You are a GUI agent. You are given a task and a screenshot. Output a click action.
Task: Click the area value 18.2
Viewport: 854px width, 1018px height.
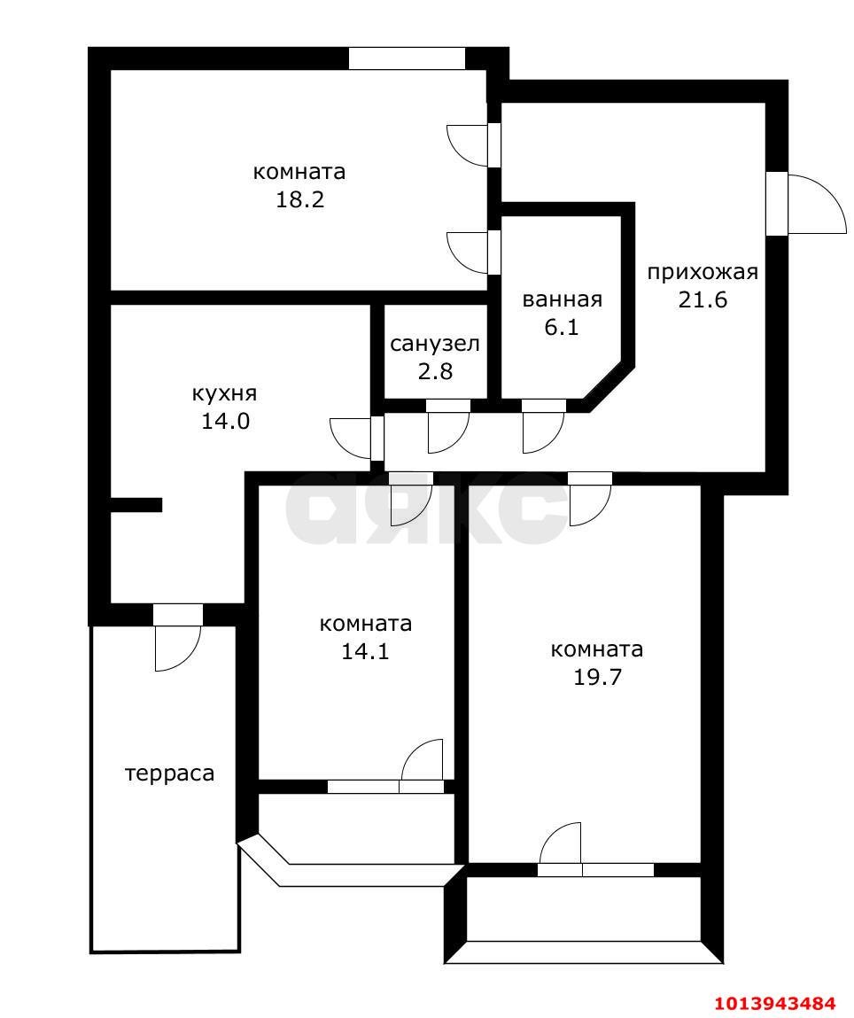299,199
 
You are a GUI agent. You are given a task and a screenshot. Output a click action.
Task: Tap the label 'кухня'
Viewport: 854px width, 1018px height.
225,393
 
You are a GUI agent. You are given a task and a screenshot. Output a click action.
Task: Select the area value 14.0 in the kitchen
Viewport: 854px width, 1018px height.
225,421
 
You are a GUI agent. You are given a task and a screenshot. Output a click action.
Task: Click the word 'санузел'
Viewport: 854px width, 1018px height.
435,344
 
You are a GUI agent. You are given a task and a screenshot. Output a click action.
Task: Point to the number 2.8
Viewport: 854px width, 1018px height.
435,371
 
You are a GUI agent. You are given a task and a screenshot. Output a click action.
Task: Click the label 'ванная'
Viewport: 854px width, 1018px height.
562,299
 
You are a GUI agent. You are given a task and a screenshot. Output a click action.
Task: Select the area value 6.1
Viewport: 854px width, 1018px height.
562,328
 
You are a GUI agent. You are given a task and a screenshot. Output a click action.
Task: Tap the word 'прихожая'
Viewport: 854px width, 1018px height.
703,272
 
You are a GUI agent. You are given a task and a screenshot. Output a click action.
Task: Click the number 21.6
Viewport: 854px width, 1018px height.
703,299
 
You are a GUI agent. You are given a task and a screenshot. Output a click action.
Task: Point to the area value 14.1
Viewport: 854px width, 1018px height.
365,652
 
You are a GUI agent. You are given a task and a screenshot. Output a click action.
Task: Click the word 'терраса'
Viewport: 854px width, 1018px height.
169,773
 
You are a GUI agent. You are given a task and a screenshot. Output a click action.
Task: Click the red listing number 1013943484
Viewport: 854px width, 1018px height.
775,1003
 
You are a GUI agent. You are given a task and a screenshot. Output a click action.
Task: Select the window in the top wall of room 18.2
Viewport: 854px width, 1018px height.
407,58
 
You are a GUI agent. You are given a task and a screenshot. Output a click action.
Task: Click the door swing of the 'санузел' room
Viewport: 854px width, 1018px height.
447,431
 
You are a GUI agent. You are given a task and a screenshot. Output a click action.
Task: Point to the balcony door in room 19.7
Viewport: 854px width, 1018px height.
562,845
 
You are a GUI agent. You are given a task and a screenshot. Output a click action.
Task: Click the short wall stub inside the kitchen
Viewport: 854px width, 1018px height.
136,505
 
